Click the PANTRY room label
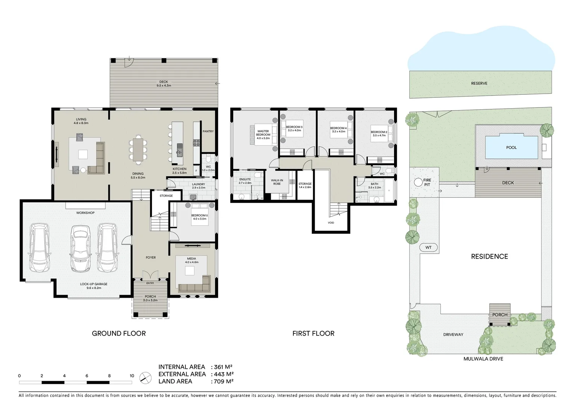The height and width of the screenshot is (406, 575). [x=208, y=132]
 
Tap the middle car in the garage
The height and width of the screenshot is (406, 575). [x=80, y=248]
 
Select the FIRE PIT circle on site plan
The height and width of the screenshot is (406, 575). [x=418, y=182]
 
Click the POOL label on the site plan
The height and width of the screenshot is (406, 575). [x=511, y=148]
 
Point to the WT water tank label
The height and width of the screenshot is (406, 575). [x=428, y=247]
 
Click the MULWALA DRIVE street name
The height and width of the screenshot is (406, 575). [x=483, y=359]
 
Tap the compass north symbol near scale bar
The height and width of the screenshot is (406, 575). [x=145, y=377]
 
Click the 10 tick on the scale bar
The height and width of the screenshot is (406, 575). [x=132, y=376]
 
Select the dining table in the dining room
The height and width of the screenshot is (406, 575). [x=138, y=149]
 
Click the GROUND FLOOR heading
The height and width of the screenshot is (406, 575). [x=119, y=333]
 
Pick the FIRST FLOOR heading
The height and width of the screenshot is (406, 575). [x=313, y=333]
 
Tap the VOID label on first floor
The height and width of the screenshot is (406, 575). [x=331, y=223]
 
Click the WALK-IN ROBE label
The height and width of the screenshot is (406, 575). [x=277, y=182]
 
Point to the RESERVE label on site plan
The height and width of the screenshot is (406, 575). [x=479, y=83]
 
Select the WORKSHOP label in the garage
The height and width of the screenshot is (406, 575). [x=85, y=213]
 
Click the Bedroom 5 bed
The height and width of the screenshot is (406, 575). [x=200, y=214]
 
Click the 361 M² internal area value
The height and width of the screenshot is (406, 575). [x=223, y=367]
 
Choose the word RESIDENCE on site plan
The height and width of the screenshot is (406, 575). [x=489, y=257]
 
